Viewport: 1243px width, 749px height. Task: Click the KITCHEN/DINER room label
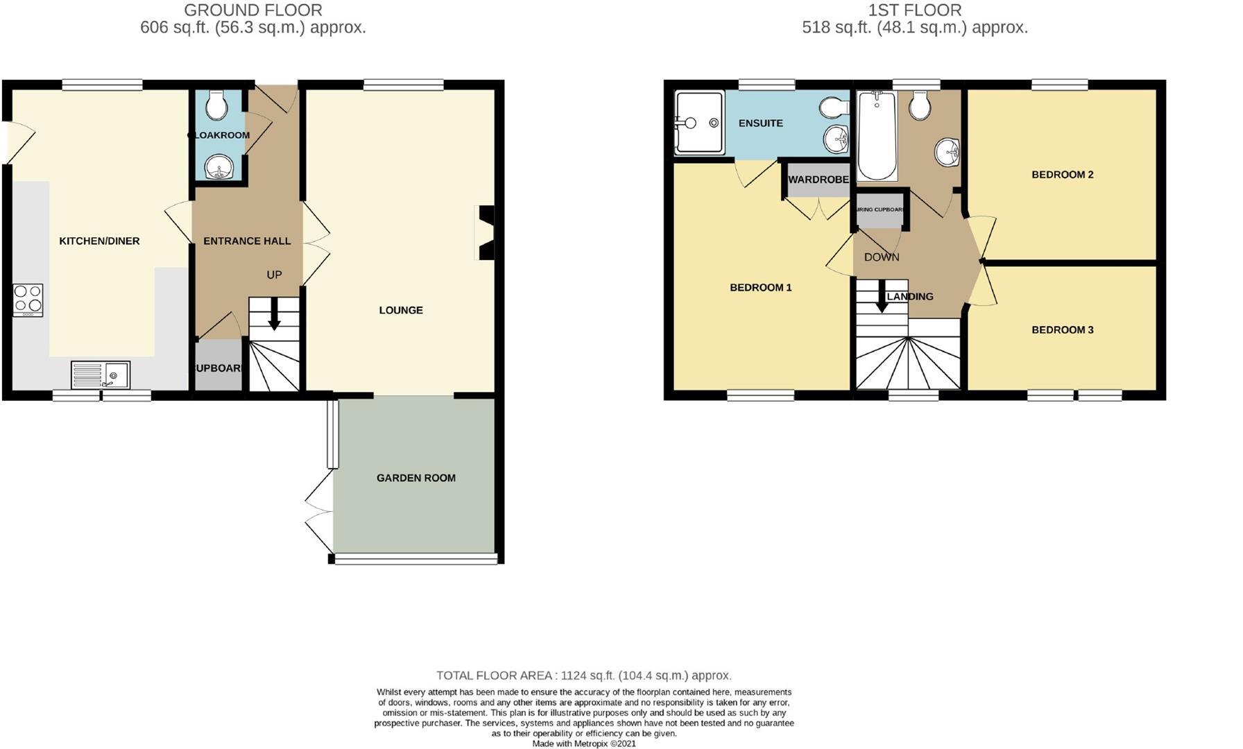tap(99, 241)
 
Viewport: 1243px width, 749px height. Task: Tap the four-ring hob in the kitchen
tap(28, 300)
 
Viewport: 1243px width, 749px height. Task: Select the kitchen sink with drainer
tap(101, 375)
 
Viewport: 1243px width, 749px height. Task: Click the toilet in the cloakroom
tap(217, 105)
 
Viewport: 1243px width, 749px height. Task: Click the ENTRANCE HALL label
tap(247, 241)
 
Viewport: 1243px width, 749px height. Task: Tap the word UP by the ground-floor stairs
tap(274, 275)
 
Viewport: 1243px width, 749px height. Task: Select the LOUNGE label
tap(401, 310)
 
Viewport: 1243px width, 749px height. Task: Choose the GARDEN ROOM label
tap(416, 478)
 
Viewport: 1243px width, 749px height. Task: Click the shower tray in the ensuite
tap(700, 123)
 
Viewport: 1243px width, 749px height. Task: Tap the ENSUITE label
tap(760, 123)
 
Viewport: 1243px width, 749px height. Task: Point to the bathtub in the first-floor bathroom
tap(877, 135)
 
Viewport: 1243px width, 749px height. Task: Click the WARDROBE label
tap(818, 180)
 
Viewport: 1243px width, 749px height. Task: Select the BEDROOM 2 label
tap(1062, 175)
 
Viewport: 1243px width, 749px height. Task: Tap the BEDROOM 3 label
tap(1062, 330)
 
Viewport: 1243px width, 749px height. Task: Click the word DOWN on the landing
tap(882, 257)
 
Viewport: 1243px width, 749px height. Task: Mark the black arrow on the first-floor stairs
tap(882, 296)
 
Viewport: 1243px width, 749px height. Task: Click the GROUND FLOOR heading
tap(253, 10)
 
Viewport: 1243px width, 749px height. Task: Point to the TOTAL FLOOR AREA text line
tap(583, 675)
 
